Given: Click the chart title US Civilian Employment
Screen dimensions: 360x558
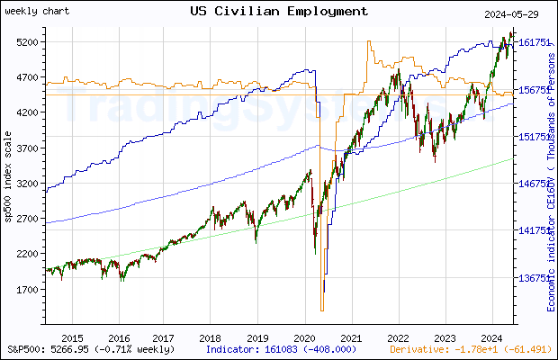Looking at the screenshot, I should [279, 11].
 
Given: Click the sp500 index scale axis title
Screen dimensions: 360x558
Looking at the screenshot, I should [8, 180].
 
